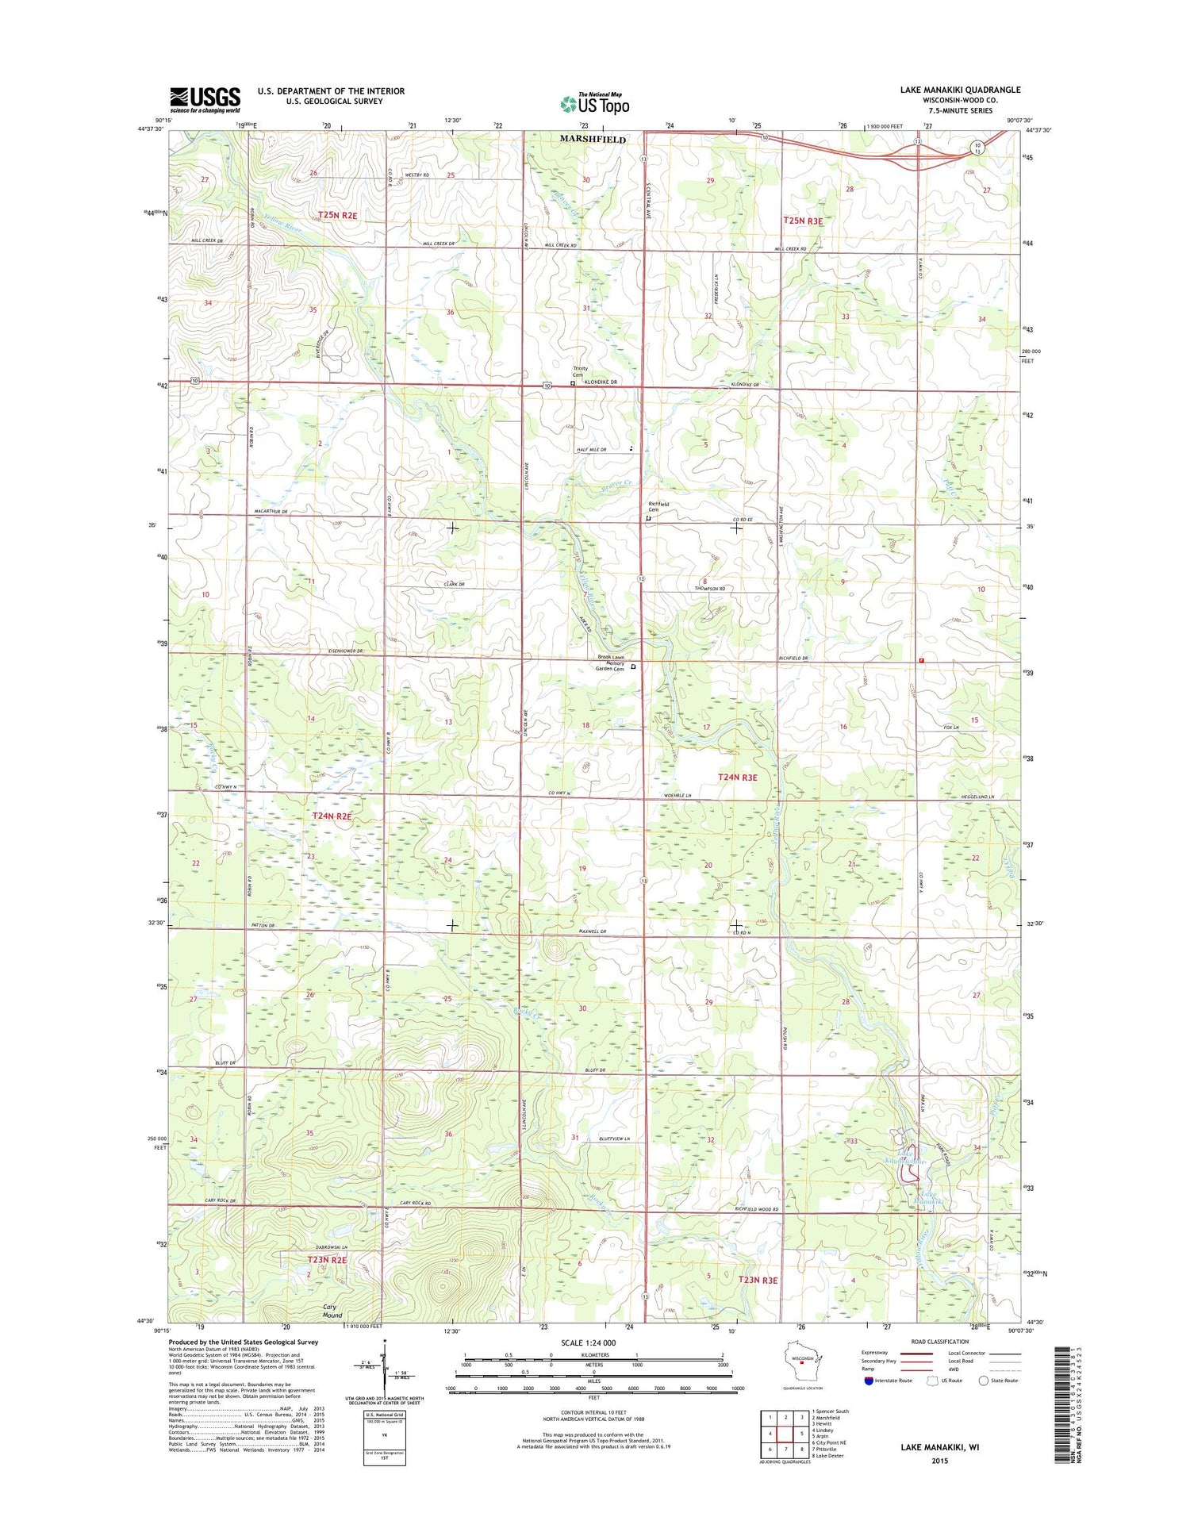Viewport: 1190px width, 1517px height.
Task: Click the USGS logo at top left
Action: pyautogui.click(x=205, y=100)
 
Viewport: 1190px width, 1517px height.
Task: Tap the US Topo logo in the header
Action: pyautogui.click(x=594, y=103)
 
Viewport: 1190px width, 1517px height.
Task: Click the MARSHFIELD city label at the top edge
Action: pyautogui.click(x=592, y=139)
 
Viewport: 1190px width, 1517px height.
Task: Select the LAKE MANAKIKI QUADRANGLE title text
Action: pyautogui.click(x=960, y=90)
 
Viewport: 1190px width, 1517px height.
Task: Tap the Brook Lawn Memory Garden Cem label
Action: pyautogui.click(x=610, y=662)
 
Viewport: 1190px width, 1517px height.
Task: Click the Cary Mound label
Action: pyautogui.click(x=332, y=1310)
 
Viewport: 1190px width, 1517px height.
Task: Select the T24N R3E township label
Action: pyautogui.click(x=737, y=778)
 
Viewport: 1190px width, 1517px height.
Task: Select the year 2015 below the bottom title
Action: pyautogui.click(x=939, y=1461)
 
